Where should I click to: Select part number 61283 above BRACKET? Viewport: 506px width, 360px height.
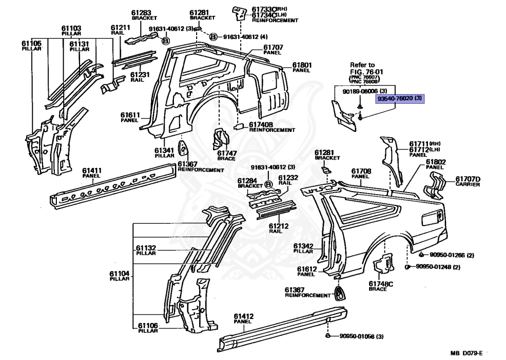[x=141, y=13]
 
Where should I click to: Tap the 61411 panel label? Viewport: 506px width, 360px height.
[x=91, y=170]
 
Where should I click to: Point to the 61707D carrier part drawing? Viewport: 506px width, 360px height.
[x=437, y=186]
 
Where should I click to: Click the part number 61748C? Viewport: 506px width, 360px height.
[x=381, y=284]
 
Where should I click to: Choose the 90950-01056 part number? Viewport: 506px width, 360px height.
[x=357, y=336]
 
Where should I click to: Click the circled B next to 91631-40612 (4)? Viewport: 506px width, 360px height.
[x=213, y=37]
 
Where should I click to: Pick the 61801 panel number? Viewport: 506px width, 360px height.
[x=302, y=65]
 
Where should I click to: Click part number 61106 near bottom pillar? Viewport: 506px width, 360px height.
[x=148, y=326]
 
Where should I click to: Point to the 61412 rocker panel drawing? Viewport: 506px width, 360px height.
[x=282, y=328]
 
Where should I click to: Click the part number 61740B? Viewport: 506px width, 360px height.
[x=261, y=125]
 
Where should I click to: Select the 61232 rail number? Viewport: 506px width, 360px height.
[x=288, y=178]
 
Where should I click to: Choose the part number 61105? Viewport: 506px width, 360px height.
[x=32, y=43]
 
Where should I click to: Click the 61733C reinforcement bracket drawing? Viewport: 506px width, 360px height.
[x=239, y=14]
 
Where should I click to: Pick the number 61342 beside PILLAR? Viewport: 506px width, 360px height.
[x=303, y=246]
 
